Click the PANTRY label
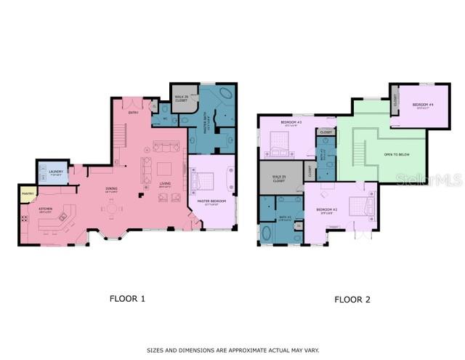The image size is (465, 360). [28, 193]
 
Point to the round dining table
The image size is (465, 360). [112, 209]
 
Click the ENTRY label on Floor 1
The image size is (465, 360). [134, 113]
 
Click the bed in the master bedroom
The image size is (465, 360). [203, 179]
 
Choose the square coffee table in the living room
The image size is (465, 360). [164, 169]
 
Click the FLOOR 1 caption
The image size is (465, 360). [128, 297]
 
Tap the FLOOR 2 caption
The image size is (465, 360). [352, 299]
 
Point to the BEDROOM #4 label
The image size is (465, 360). [423, 105]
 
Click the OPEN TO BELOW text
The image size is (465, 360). [397, 154]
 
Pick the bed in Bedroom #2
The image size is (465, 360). [361, 206]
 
